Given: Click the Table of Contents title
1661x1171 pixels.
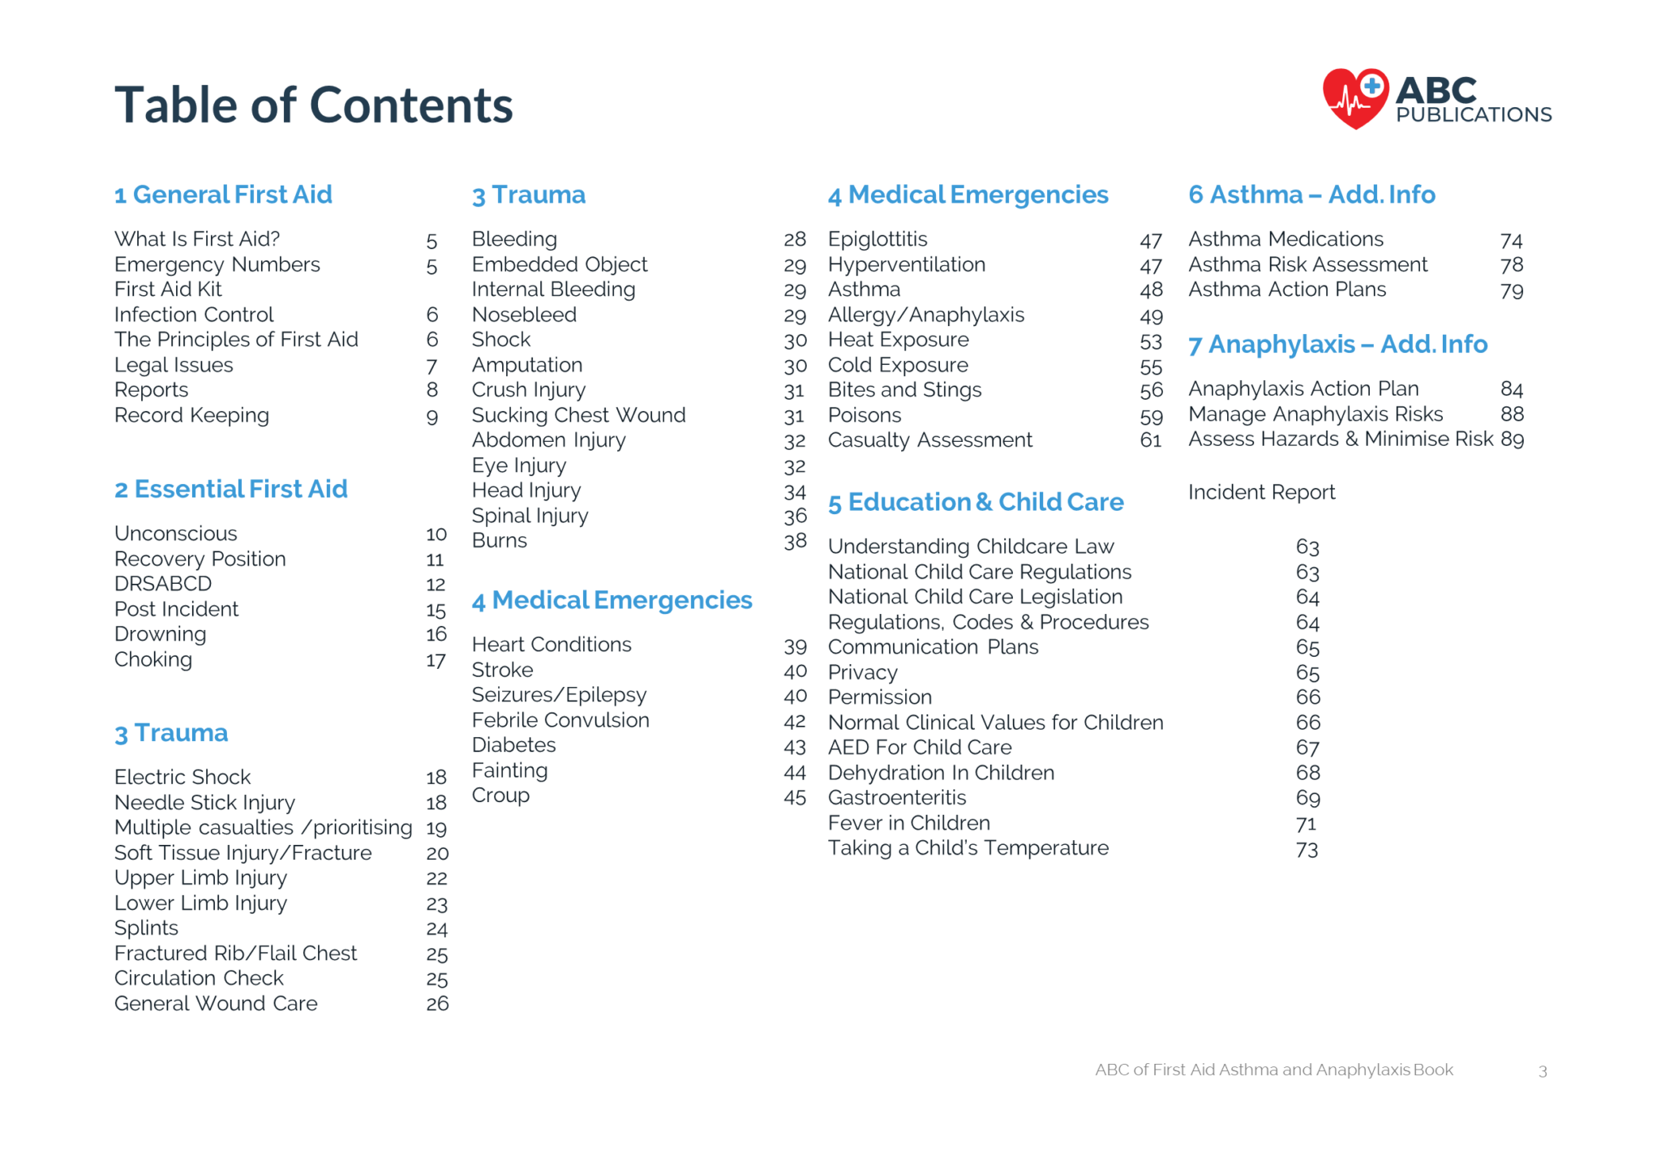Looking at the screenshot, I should tap(313, 105).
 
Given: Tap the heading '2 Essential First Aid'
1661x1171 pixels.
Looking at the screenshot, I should tap(230, 489).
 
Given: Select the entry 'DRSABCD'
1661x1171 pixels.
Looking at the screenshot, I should tap(163, 584).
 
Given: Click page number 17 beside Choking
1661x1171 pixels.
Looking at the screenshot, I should tap(436, 660).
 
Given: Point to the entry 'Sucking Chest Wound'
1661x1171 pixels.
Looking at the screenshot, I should tap(578, 415).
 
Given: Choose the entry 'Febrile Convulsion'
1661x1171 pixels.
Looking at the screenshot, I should tap(560, 720).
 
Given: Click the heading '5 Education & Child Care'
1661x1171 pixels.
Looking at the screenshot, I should tap(975, 502).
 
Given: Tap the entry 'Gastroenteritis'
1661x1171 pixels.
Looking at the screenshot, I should tap(897, 798).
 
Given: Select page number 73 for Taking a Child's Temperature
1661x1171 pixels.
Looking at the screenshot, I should tap(1307, 849).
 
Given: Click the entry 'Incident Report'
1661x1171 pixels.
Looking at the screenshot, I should tap(1261, 492).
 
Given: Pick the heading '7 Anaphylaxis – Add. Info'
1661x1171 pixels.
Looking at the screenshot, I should tap(1337, 345).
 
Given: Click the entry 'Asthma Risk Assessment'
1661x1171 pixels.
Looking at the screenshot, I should tap(1307, 264).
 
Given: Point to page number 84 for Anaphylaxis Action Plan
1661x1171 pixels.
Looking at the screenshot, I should tap(1511, 389).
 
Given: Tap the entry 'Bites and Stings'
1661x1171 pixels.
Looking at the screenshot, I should tap(904, 390).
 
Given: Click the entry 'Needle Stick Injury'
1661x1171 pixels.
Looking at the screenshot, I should tap(204, 803).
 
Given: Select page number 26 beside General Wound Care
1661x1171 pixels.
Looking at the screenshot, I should tap(437, 1004).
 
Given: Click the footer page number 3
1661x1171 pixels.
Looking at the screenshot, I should tap(1543, 1071).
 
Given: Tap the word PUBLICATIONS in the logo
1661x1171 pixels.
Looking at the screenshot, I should tap(1474, 115).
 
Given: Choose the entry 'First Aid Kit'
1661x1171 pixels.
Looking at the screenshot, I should tap(168, 290).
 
